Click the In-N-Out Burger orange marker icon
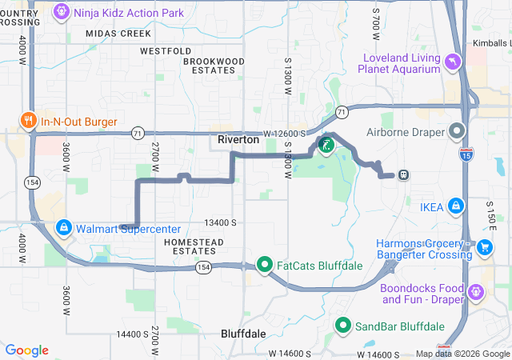coord(28,121)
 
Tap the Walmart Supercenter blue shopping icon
coord(63,228)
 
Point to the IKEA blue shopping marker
coord(455,206)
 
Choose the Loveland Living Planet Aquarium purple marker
coord(454,62)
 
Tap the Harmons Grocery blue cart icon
coord(484,249)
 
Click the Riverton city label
coord(238,139)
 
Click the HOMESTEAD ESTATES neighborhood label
coord(190,246)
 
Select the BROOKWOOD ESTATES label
coord(214,66)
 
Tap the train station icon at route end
coord(403,175)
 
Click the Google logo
coord(26,350)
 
